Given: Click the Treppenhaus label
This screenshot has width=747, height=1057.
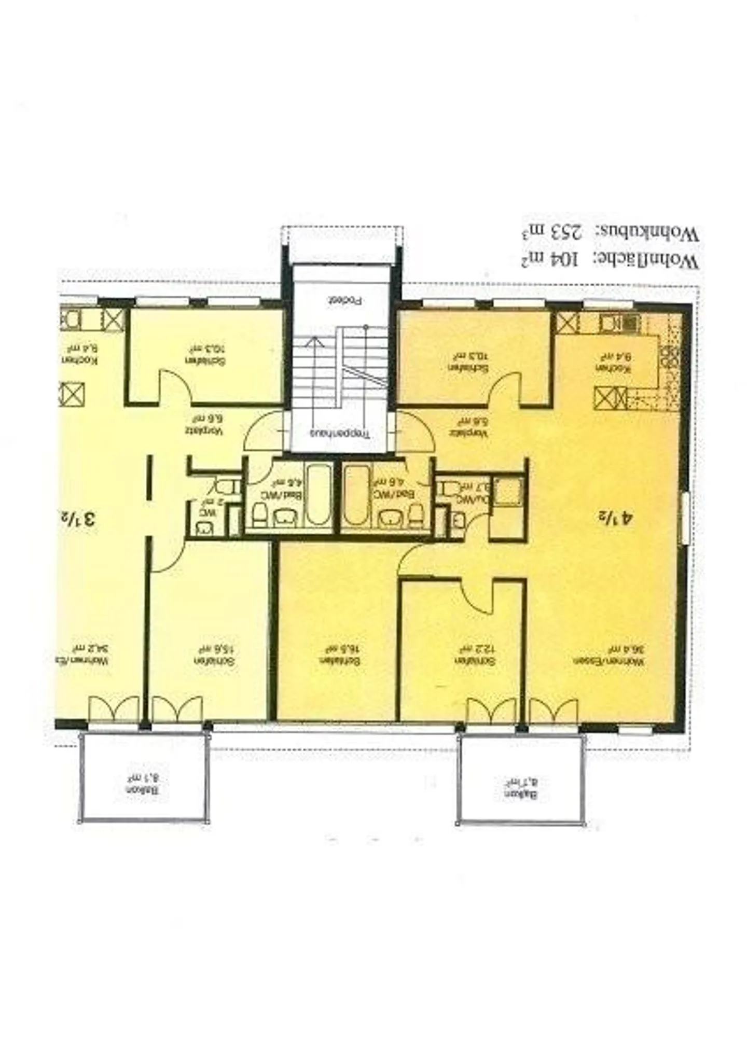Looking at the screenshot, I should [341, 433].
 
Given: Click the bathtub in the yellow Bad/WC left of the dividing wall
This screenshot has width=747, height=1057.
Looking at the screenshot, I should [317, 494].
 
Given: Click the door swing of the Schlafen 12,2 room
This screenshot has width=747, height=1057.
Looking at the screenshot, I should [475, 596].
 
